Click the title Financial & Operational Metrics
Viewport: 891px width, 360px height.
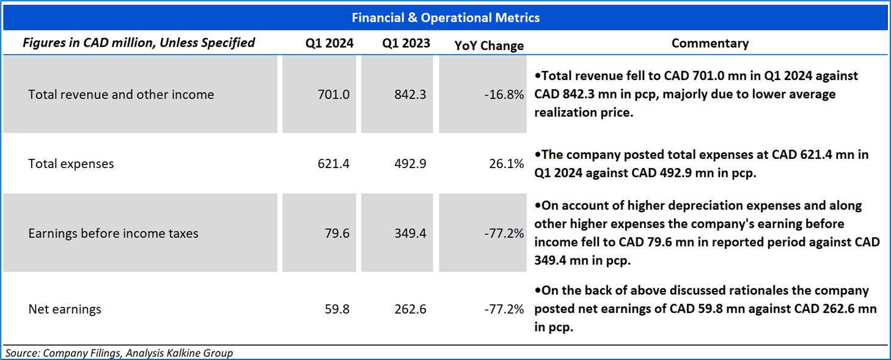446,18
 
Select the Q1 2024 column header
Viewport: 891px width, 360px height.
330,43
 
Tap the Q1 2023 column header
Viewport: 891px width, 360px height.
406,43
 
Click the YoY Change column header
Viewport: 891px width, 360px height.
489,45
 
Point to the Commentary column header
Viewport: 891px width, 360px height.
710,43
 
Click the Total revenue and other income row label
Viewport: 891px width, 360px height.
121,95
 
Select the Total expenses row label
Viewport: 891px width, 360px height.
71,164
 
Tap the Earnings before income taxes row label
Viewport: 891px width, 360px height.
113,233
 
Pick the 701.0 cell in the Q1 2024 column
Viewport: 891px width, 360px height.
334,95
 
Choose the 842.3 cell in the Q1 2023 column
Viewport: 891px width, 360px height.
410,95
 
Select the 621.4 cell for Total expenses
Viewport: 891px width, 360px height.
334,164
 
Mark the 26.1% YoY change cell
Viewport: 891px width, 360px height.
507,164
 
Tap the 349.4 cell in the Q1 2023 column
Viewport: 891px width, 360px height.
410,233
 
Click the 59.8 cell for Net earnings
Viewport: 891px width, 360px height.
337,309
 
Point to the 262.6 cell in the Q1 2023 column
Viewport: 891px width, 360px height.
410,309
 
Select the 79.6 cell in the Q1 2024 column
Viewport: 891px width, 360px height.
337,233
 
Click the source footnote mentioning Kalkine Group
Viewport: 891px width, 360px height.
119,353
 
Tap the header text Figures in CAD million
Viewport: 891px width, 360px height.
139,43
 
